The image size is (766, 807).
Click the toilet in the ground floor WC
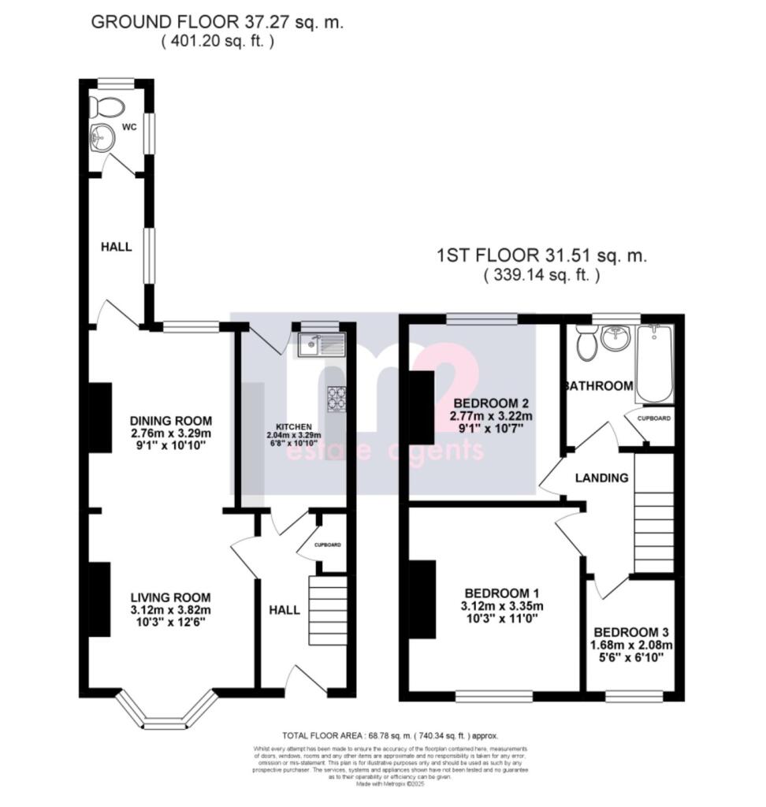point(103,106)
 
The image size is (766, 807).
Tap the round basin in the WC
point(102,137)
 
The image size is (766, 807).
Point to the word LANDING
point(601,478)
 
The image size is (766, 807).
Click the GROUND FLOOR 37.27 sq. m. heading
point(218,22)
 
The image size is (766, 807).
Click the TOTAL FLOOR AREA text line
point(389,735)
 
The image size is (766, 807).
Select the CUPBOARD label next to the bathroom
point(654,418)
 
